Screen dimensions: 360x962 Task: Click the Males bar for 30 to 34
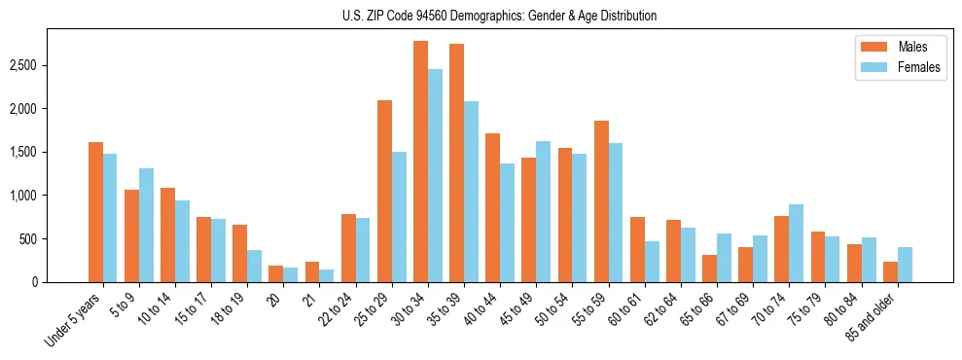[x=421, y=162]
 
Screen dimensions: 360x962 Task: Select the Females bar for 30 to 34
[x=435, y=176]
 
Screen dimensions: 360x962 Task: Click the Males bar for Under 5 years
[x=95, y=212]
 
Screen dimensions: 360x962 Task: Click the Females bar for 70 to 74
[x=796, y=243]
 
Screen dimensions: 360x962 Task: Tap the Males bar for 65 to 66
[x=709, y=269]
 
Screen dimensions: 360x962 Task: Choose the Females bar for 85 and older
[x=905, y=265]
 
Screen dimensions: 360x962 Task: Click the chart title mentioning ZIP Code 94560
[x=499, y=16]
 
